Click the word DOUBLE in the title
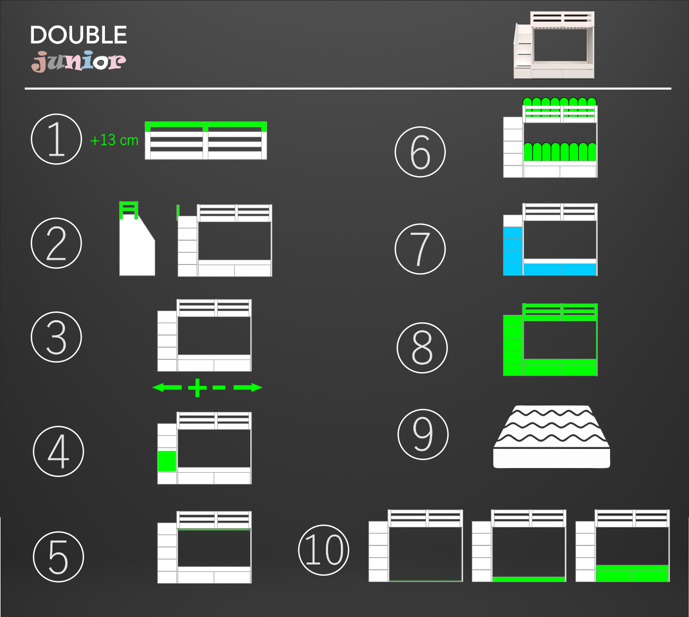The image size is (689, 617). pos(78,34)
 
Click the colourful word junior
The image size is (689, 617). pos(78,61)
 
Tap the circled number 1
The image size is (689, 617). pos(57,139)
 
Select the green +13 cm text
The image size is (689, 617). pos(114,140)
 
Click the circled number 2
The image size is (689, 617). pos(57,243)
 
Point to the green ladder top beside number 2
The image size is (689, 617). pos(129,210)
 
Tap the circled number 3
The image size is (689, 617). pos(57,337)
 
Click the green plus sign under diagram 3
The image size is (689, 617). pos(197,387)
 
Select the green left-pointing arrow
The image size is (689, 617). pos(167,387)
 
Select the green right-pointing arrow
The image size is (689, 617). pos(248,387)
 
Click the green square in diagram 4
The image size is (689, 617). pos(167,461)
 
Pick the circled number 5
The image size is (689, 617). pos(58,557)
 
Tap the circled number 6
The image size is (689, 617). pos(420,152)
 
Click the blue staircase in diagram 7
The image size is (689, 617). pos(513,251)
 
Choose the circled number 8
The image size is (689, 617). pos(422,348)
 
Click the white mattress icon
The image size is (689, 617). pos(552,437)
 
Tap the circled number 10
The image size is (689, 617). pos(324,550)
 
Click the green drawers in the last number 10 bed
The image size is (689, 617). pos(632,573)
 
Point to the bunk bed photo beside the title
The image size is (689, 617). pos(554,45)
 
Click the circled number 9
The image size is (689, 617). pos(423,434)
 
